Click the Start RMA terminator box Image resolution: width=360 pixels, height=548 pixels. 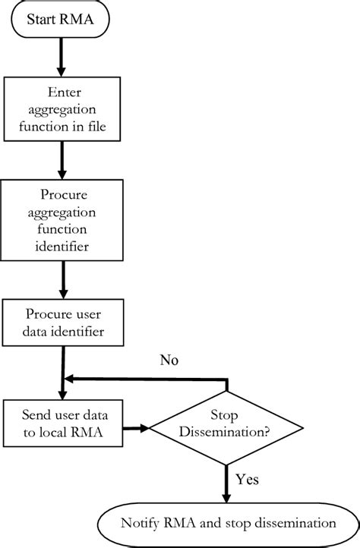(x=60, y=21)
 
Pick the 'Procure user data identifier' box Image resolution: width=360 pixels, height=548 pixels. (x=61, y=322)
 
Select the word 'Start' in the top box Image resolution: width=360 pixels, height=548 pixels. (x=43, y=21)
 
